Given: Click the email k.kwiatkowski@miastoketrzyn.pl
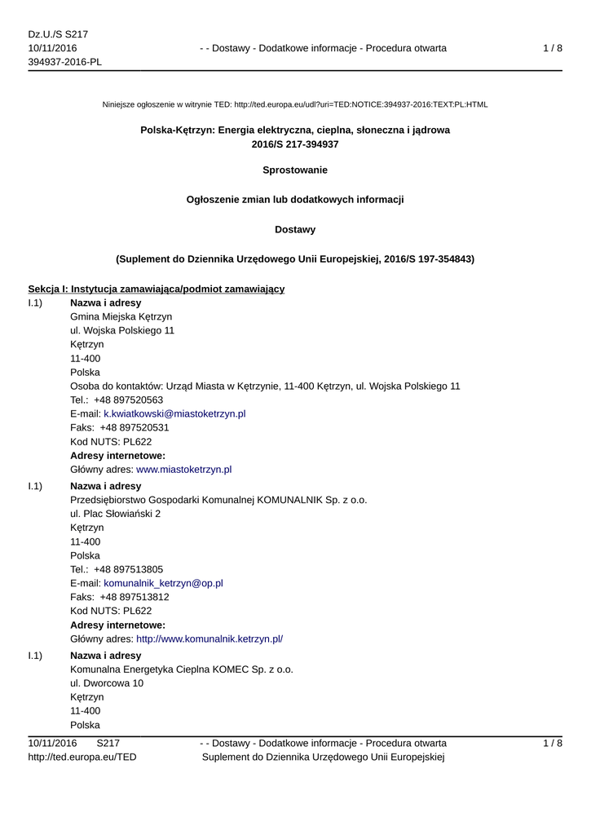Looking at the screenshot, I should (x=174, y=413).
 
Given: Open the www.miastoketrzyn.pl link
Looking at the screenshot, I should (x=183, y=469).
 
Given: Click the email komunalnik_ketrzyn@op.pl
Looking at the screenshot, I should (x=163, y=583).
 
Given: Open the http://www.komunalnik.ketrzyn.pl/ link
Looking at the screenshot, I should (x=209, y=638).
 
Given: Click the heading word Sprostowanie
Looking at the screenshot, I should (x=295, y=170).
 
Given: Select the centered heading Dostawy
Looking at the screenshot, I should (x=295, y=229).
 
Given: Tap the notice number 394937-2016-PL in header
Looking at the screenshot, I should (x=65, y=62).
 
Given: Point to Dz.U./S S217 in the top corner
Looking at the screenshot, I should (x=58, y=34).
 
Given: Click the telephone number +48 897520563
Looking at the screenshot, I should (x=128, y=400).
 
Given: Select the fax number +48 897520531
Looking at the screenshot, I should (x=134, y=427).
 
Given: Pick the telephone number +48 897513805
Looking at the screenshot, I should (x=128, y=569).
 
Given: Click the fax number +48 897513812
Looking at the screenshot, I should (x=134, y=597).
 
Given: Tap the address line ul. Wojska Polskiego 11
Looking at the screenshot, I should (x=122, y=330).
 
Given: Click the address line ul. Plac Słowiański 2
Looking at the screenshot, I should (x=116, y=514).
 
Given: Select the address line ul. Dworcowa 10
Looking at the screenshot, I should (x=107, y=683).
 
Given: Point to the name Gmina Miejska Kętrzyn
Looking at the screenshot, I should (x=121, y=316).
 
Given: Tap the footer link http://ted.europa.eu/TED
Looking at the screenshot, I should (x=82, y=757).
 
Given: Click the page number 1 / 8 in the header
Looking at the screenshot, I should (x=552, y=48).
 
